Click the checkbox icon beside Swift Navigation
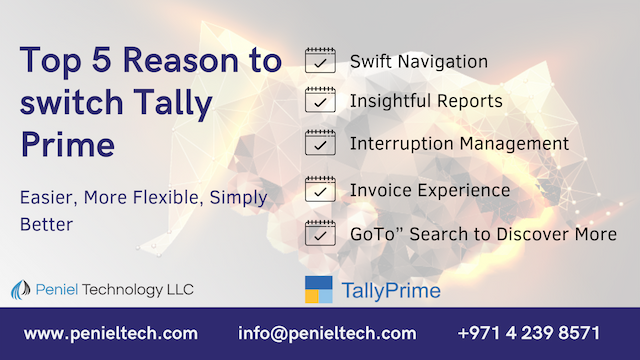tap(319, 61)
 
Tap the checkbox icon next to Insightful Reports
tap(319, 102)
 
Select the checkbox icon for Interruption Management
tap(319, 144)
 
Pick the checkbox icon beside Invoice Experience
tap(319, 189)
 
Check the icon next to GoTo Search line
tap(319, 233)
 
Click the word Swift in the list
tap(370, 62)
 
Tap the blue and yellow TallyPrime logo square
tap(318, 290)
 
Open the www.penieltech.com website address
tap(110, 333)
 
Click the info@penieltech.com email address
tap(327, 333)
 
